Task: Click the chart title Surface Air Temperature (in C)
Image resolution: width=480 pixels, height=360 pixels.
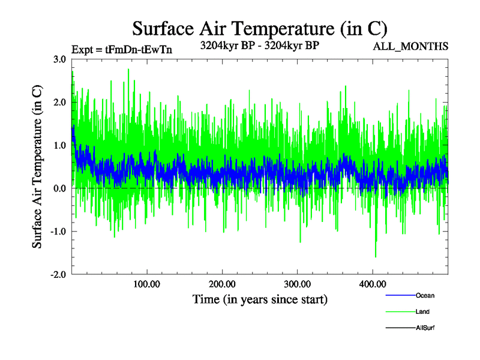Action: pyautogui.click(x=259, y=28)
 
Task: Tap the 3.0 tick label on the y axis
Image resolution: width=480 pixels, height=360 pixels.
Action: pyautogui.click(x=60, y=59)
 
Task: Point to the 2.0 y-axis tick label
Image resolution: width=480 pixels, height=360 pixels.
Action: pyautogui.click(x=60, y=102)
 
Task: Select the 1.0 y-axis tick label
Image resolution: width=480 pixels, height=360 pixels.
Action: pyautogui.click(x=60, y=145)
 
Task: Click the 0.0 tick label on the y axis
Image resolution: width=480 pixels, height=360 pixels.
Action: pyautogui.click(x=60, y=188)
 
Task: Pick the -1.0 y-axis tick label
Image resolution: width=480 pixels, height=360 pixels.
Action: pyautogui.click(x=59, y=232)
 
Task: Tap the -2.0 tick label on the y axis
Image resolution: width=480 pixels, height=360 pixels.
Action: pyautogui.click(x=59, y=275)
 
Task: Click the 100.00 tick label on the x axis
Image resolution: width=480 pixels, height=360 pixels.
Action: pyautogui.click(x=147, y=284)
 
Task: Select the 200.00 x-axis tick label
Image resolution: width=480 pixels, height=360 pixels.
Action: pyautogui.click(x=222, y=284)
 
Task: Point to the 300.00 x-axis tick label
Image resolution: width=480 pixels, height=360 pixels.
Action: pyautogui.click(x=298, y=284)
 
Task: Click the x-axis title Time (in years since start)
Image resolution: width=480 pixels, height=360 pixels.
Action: pyautogui.click(x=260, y=298)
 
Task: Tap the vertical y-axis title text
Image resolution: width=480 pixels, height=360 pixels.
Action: pyautogui.click(x=37, y=167)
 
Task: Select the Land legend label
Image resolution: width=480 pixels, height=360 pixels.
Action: pyautogui.click(x=422, y=311)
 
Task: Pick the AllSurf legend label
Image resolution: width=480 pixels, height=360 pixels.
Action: pyautogui.click(x=425, y=328)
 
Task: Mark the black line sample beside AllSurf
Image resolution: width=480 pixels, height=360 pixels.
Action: pyautogui.click(x=400, y=328)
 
